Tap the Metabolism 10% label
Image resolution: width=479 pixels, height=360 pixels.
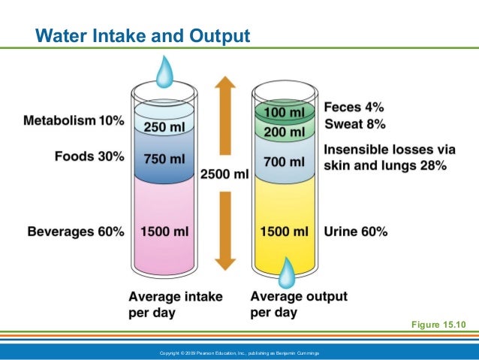[74, 120]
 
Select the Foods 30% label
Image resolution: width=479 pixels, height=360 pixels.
[89, 157]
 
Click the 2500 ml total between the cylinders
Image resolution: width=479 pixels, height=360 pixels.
[224, 174]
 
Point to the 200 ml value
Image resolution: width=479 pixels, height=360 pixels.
[285, 132]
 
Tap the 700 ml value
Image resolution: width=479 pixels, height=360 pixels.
[285, 161]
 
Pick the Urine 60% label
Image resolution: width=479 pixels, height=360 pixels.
[355, 232]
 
